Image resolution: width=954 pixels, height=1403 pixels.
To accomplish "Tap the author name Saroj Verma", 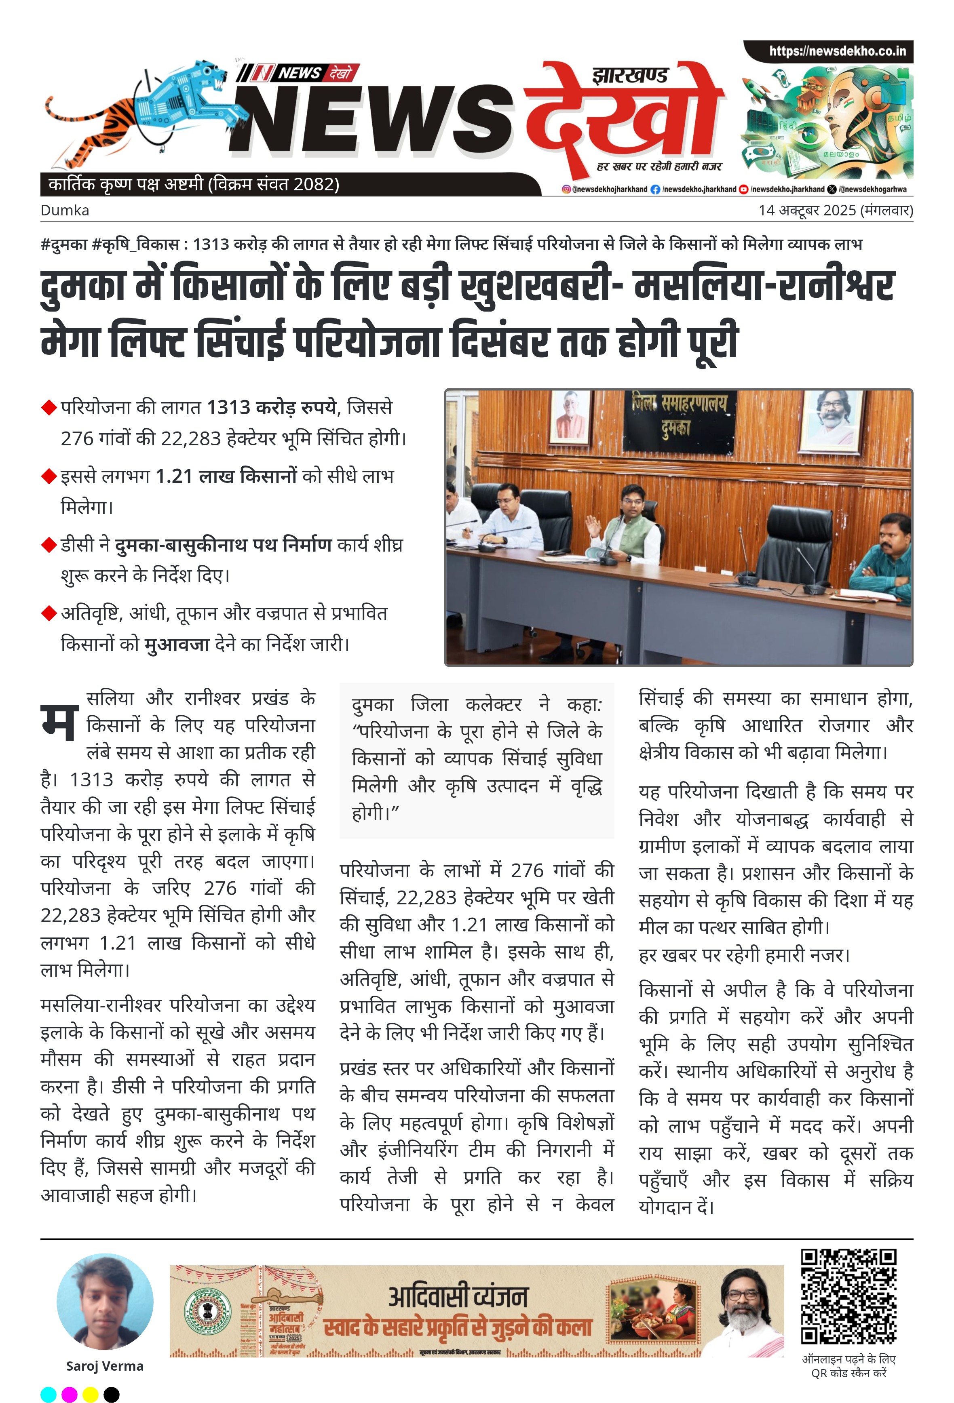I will pos(104,1365).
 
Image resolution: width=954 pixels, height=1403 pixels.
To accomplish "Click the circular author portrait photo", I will pos(104,1302).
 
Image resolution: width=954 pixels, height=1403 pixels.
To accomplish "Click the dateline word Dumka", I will pos(65,210).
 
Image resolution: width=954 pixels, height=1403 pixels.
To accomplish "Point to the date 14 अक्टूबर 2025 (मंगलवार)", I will pos(836,210).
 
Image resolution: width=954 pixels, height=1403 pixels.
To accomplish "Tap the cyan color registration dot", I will pos(48,1394).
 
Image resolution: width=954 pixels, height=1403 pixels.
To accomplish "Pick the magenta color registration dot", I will pos(70,1394).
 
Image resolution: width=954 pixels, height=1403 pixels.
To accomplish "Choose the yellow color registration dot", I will pos(91,1394).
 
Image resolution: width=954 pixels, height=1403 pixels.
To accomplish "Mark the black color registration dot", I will pos(112,1394).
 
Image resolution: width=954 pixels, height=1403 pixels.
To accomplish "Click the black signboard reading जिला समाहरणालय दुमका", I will pos(679,414).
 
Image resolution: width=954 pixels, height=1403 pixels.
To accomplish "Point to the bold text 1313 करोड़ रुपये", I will pos(272,407).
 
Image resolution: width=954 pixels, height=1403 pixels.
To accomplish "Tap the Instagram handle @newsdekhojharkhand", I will pos(605,189).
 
